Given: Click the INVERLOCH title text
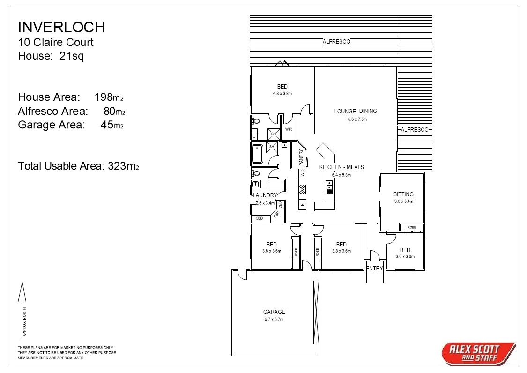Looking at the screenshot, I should point(61,27).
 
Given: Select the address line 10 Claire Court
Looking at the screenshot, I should point(55,42).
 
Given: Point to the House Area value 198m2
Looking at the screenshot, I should point(109,97).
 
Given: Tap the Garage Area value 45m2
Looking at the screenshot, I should point(111,125).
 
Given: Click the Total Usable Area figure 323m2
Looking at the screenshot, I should point(123,166).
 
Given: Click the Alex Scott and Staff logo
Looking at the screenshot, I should point(478,353).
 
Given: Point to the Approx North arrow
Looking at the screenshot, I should point(22,293).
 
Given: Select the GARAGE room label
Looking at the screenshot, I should point(274,312).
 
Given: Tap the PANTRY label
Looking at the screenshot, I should point(301,158).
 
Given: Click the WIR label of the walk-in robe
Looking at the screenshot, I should point(288,129).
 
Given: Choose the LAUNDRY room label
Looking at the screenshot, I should point(265,195).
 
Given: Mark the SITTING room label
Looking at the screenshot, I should point(403,194).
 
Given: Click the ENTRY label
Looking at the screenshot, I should point(374,269).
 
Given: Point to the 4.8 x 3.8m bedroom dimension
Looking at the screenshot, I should point(282,94).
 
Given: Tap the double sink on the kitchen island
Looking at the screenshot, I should point(329,186).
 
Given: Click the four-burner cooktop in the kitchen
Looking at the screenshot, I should point(302,189).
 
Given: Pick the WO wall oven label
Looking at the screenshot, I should point(302,173).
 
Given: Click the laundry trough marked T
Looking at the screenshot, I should point(256,184).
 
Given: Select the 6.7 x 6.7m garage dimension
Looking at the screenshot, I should point(274,320).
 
